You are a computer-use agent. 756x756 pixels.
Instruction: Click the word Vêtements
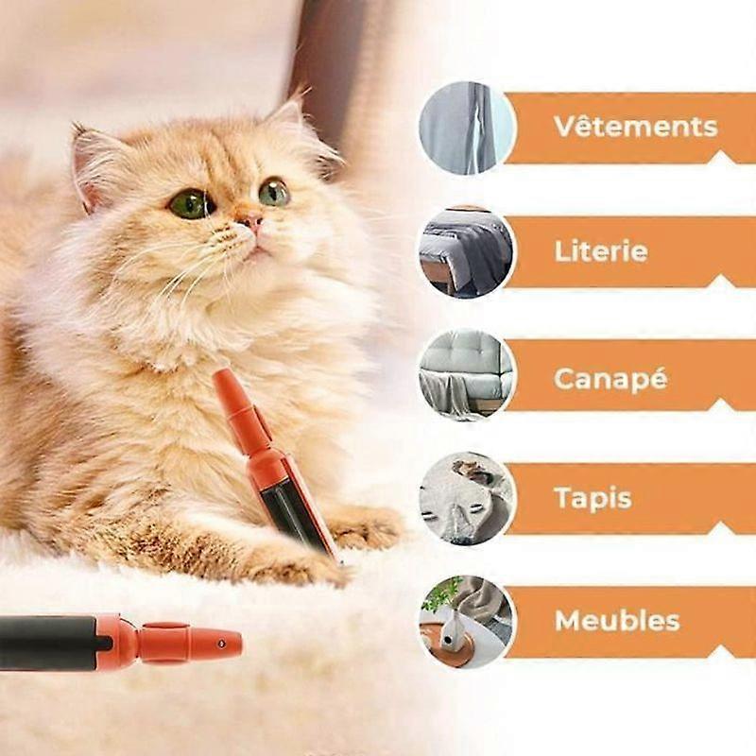coord(636,127)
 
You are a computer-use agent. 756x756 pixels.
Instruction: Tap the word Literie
coord(601,251)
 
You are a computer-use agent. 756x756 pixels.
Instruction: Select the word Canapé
coord(610,378)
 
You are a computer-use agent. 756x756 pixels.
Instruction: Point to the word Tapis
coord(593,498)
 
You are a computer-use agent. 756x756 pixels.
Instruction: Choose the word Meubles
coord(617,621)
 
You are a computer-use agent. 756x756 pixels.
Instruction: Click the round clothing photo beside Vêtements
coord(467,128)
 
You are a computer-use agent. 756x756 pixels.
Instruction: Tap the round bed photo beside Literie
coord(467,252)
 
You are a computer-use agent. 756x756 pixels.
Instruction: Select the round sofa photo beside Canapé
coord(467,375)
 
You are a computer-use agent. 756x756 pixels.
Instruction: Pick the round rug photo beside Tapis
coord(467,499)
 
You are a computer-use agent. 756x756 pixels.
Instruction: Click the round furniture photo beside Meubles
coord(467,622)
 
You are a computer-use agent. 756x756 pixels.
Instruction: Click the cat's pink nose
coord(252,221)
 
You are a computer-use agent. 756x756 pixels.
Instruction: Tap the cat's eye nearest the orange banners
coord(274,192)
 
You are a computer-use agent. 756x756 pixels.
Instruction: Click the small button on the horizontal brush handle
coord(222,644)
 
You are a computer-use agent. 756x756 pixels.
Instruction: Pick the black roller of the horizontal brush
coord(48,643)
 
